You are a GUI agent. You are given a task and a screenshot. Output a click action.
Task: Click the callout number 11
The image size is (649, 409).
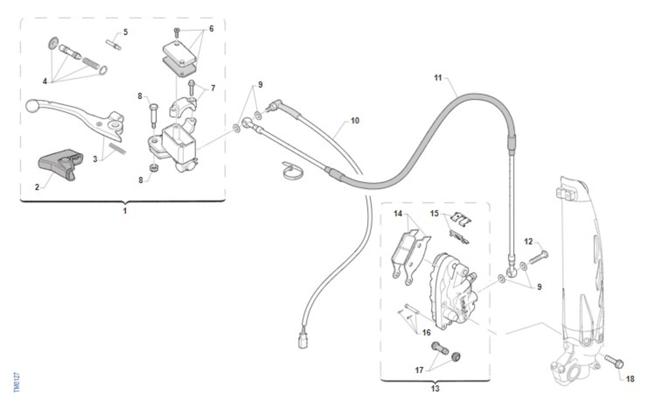coord(438,78)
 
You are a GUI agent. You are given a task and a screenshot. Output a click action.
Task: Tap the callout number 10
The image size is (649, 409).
coord(355,120)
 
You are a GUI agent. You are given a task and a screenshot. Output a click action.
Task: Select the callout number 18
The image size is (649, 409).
coord(630,379)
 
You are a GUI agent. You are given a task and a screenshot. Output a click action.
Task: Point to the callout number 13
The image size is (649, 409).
coord(435,388)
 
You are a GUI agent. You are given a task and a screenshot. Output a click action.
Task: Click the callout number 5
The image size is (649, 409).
coord(125,32)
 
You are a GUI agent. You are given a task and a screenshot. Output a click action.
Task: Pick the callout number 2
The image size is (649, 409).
coord(37,187)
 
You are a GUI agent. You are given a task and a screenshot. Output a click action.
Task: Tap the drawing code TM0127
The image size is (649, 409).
coord(17,383)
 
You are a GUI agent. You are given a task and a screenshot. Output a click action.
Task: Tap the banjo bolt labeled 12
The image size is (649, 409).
coord(539,257)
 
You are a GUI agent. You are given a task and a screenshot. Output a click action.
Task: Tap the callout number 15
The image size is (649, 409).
coord(434,213)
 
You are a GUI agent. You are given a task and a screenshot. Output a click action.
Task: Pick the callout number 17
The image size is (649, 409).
coord(419,371)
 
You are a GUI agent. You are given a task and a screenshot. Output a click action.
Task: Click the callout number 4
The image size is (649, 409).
coord(44,81)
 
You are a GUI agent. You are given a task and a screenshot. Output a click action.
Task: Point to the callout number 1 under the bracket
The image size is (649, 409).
coord(125,211)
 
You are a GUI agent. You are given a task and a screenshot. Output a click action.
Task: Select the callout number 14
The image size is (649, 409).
coord(398,213)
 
